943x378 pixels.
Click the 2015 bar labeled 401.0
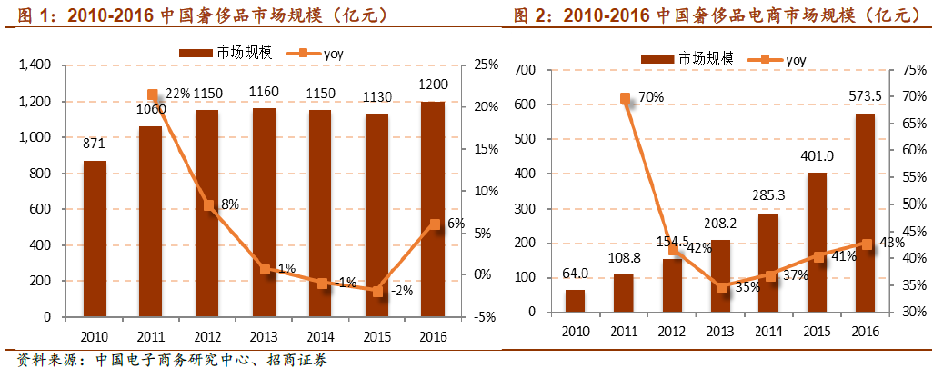pos(817,242)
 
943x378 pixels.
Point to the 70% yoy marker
pos(625,98)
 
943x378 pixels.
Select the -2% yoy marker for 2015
pos(376,290)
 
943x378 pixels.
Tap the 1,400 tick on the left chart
pos(38,65)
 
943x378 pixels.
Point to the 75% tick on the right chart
pos(913,70)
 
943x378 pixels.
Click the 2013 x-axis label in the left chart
pos(264,333)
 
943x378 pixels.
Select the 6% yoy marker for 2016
pos(435,224)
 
